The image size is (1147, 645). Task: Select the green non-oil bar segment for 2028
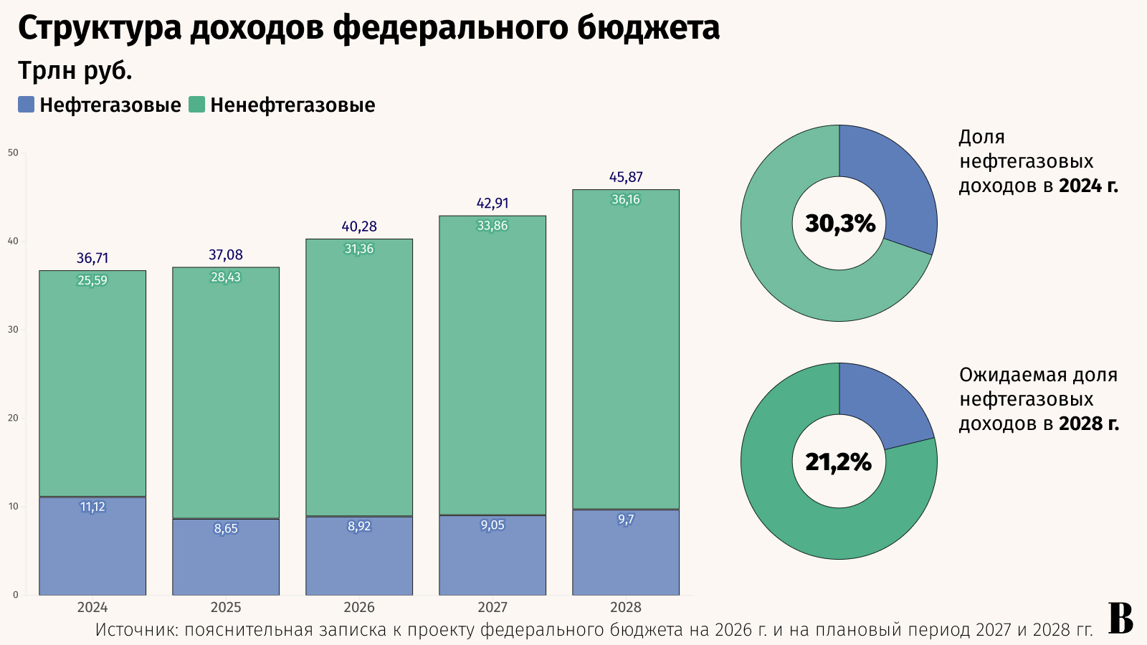tap(626, 351)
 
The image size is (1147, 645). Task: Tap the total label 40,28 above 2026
tap(359, 226)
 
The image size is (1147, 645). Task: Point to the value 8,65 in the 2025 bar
tap(226, 529)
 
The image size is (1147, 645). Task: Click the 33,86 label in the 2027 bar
tap(492, 226)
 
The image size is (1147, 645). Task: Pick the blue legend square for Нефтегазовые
tap(27, 105)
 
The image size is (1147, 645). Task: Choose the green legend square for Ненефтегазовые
tap(197, 105)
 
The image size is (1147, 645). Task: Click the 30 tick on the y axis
tap(13, 330)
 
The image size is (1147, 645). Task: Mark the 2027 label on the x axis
tap(492, 608)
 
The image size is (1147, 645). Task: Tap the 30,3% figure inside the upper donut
tap(840, 224)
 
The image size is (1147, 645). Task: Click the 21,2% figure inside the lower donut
tap(839, 462)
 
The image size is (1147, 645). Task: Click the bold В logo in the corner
tap(1121, 618)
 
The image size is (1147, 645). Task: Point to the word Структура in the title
tap(100, 29)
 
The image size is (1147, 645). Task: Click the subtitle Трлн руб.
tap(75, 70)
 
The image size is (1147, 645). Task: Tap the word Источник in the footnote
tap(136, 630)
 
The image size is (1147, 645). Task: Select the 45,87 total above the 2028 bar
tap(626, 177)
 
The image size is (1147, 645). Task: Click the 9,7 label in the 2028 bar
tap(626, 520)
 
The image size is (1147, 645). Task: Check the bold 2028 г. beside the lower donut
tap(1088, 424)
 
